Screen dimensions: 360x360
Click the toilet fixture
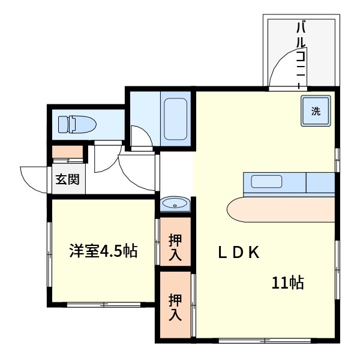click(x=76, y=124)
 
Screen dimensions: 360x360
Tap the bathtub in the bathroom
click(x=175, y=118)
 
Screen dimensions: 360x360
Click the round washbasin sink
click(x=175, y=205)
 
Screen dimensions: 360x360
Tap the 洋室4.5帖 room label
click(x=103, y=251)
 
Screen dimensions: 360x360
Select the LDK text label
click(x=238, y=253)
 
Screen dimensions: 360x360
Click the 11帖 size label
click(x=288, y=283)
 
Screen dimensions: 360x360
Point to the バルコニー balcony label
click(x=302, y=51)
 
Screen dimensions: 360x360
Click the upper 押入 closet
click(x=175, y=246)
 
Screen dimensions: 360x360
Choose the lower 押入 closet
click(x=175, y=306)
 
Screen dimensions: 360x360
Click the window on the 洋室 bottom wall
click(x=103, y=305)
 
